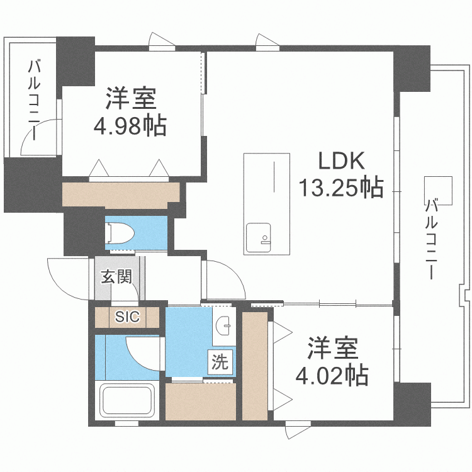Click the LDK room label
coord(340,162)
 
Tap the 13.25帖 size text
coord(340,187)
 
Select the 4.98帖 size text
coord(130,126)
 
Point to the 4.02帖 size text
coord(332,376)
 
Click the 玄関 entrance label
coord(116,276)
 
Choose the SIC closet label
coord(126,317)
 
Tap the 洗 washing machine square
coord(220,362)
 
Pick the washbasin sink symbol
coord(223,325)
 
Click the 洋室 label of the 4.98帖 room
coord(130,99)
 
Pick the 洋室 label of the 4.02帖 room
coord(332,349)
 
